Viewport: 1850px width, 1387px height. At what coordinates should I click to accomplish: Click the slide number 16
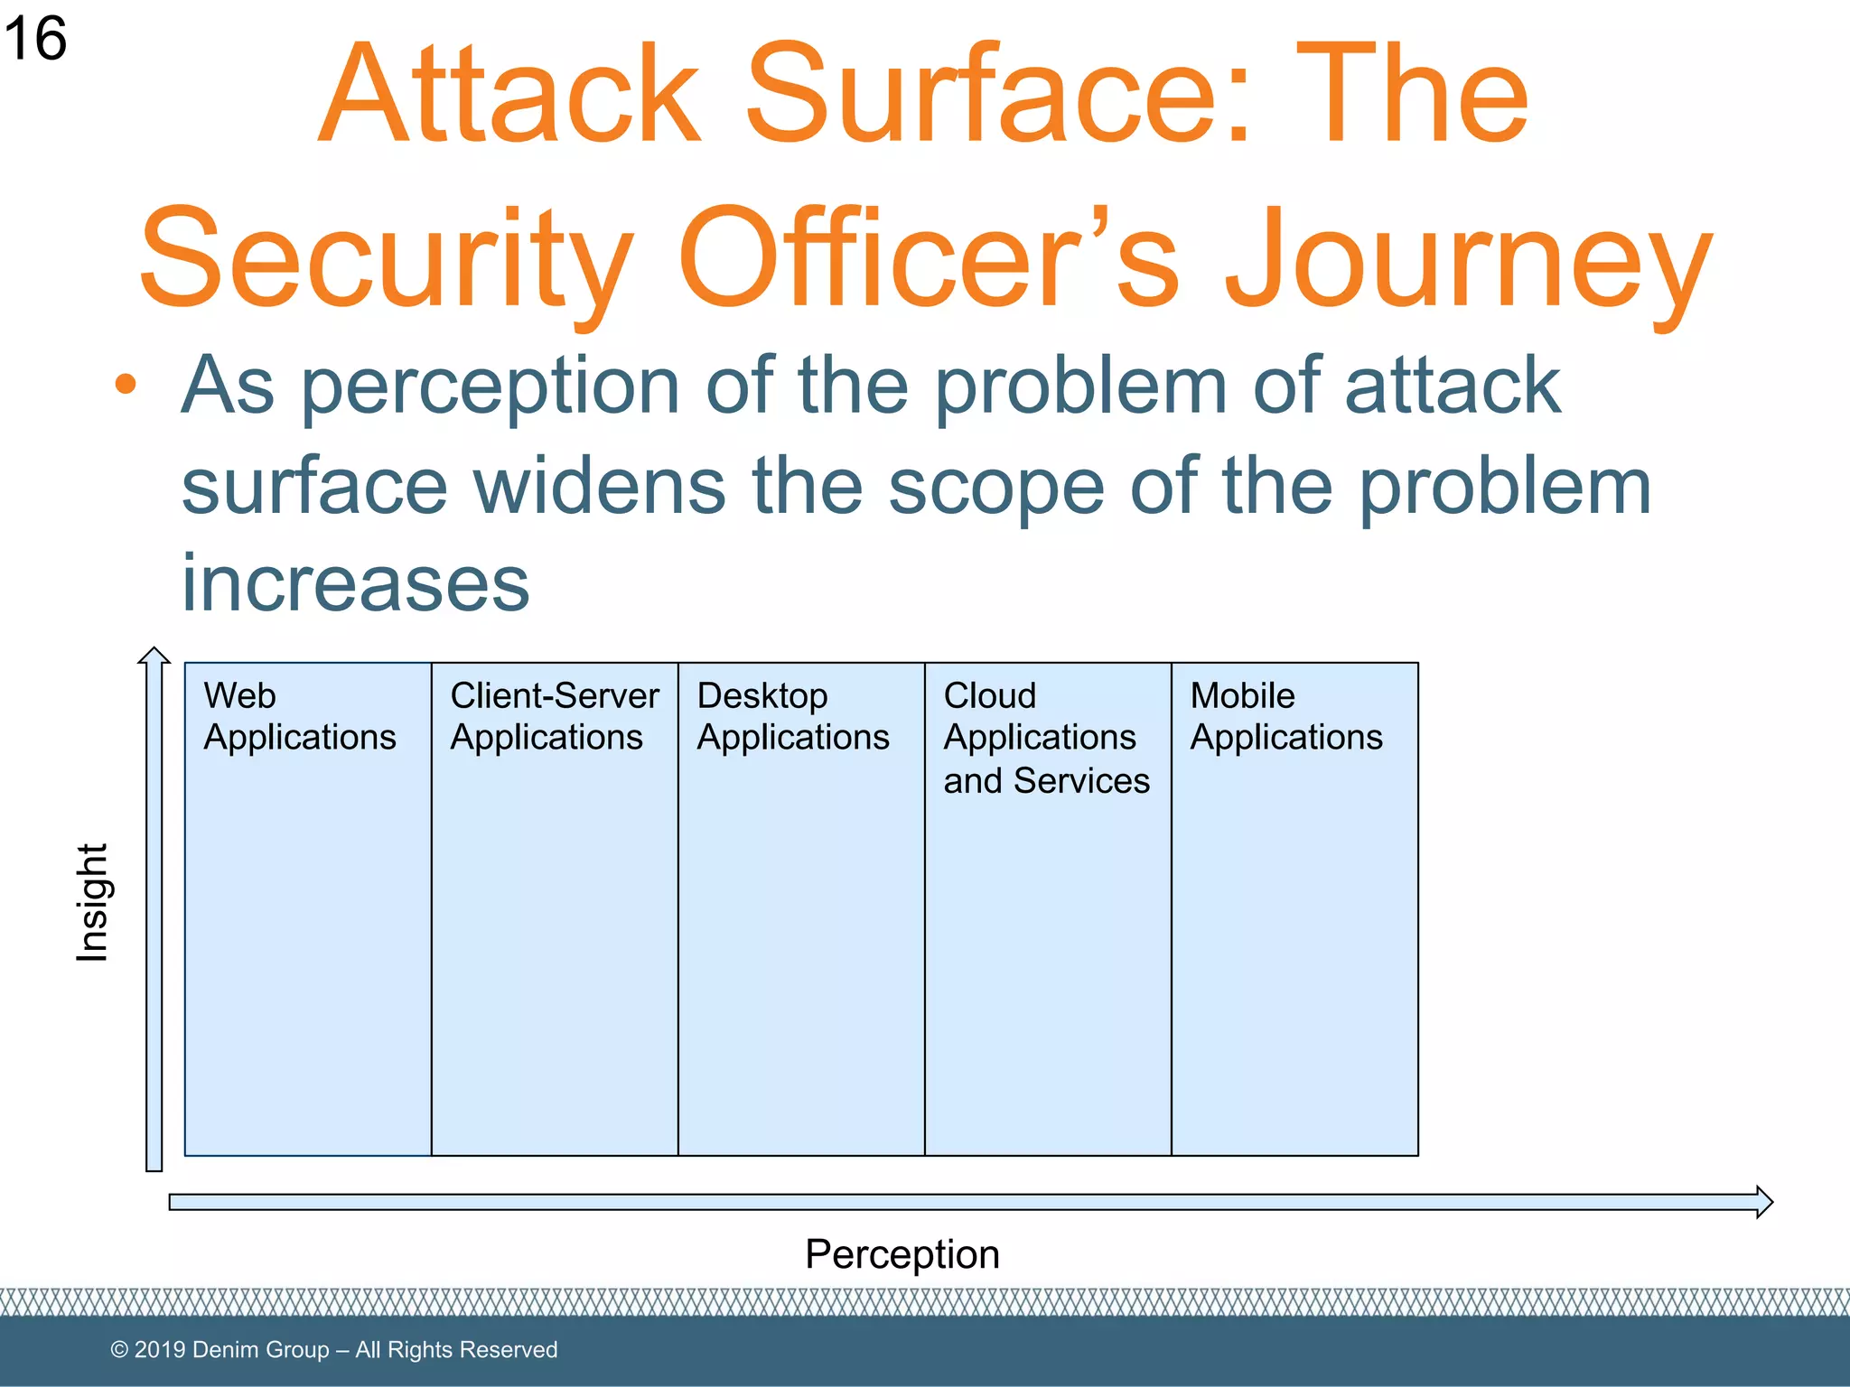click(34, 40)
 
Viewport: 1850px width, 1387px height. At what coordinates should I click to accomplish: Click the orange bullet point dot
click(126, 385)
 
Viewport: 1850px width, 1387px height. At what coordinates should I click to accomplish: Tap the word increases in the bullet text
click(355, 584)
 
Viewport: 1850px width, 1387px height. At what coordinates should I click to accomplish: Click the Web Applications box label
click(299, 717)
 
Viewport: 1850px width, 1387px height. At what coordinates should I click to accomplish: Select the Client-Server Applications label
click(554, 717)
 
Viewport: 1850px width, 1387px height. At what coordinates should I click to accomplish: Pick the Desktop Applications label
click(792, 717)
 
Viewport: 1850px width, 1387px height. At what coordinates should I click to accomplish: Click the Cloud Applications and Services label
click(1045, 738)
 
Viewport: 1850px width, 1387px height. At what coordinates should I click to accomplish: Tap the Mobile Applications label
click(1285, 717)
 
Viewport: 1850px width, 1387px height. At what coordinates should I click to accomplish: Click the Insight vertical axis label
click(92, 903)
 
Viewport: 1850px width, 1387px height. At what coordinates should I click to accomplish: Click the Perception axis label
click(902, 1254)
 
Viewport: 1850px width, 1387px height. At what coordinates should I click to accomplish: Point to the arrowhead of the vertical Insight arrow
click(154, 656)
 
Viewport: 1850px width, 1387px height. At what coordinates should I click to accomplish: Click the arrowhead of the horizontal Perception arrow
click(1763, 1202)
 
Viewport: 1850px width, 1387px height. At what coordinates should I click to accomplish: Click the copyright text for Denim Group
click(333, 1350)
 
